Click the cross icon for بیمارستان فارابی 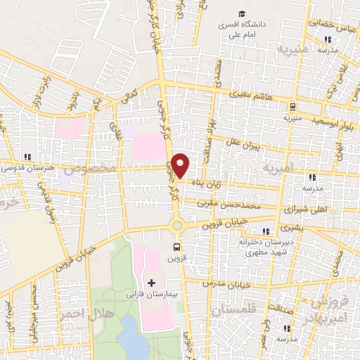pos(151,283)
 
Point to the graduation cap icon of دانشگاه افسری pos(242,14)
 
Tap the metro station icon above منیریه pos(292,106)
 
